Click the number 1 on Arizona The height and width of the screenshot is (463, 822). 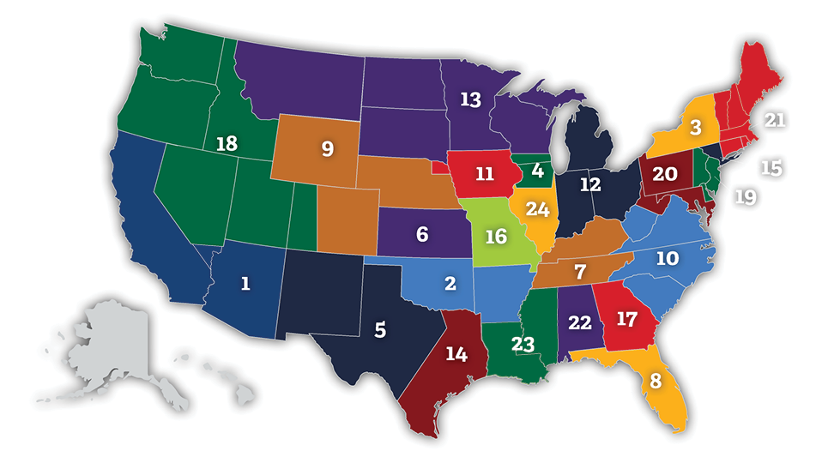point(245,284)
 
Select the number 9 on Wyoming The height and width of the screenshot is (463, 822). point(327,148)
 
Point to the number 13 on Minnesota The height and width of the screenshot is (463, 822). point(470,99)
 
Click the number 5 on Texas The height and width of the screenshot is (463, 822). point(380,329)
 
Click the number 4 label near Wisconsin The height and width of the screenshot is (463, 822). point(538,170)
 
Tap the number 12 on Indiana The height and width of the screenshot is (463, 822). point(589,183)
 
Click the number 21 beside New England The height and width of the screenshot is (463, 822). point(775,121)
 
